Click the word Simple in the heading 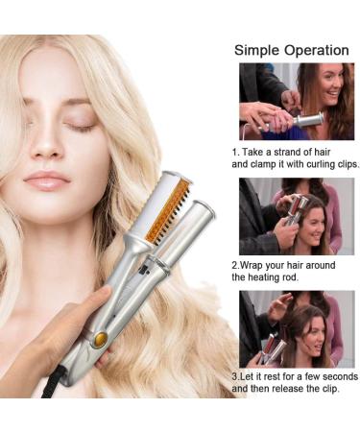coord(257,51)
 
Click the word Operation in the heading coord(317,50)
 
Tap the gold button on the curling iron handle coord(100,339)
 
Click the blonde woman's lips coord(47,180)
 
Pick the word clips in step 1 coord(348,164)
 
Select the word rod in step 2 coord(290,277)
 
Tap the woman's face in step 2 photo coord(313,228)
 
